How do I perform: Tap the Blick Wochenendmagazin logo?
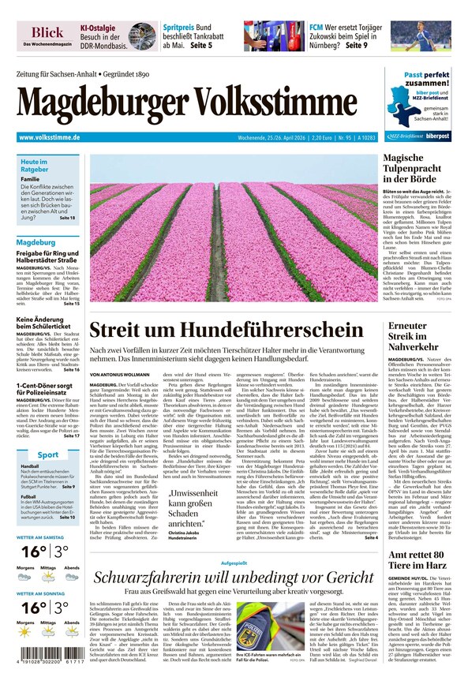pos(47,35)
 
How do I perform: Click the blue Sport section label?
pos(47,455)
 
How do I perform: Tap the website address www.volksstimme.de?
pos(49,137)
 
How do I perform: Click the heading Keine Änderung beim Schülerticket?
pos(48,324)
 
